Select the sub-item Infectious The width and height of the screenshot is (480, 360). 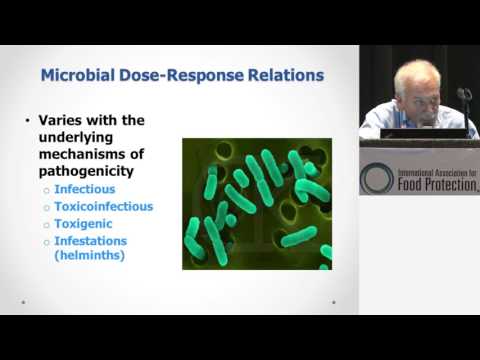coord(84,188)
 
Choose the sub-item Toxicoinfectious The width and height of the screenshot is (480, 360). coord(104,206)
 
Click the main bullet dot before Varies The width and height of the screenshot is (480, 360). coord(27,122)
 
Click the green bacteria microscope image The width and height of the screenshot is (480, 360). coord(256,203)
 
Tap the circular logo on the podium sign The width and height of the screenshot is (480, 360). coord(377,177)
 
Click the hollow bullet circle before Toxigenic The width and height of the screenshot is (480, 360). coord(46,225)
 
